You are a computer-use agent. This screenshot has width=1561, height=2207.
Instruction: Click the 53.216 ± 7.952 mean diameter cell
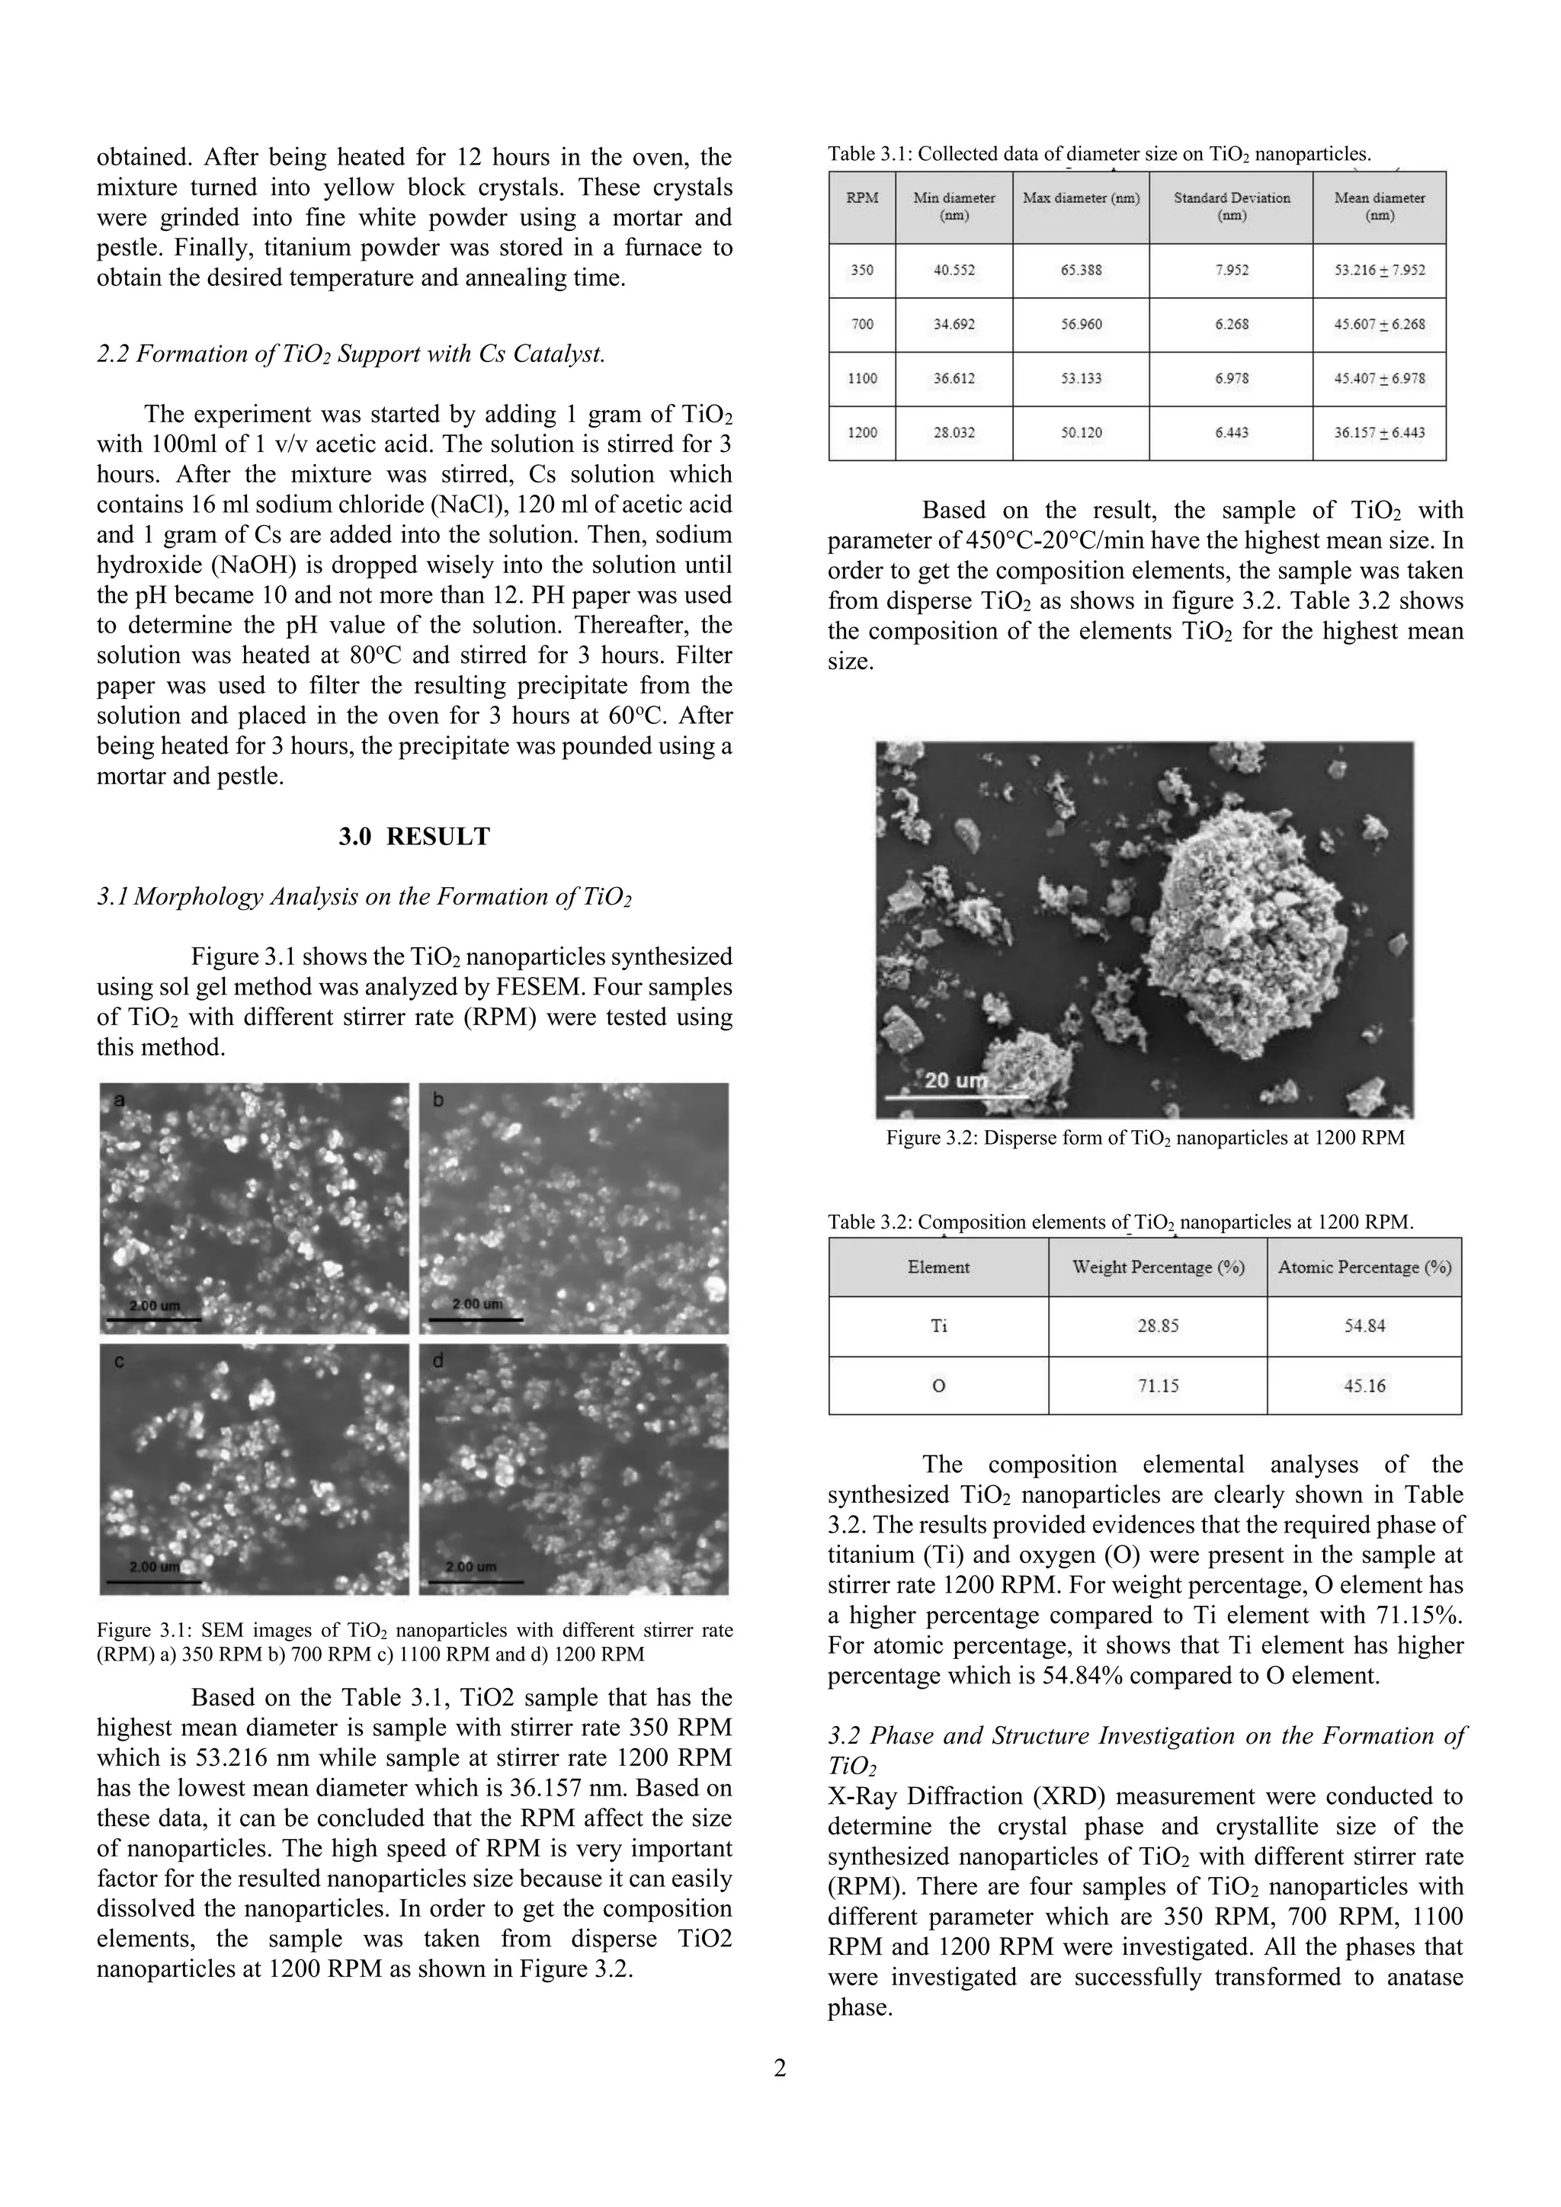pyautogui.click(x=1380, y=270)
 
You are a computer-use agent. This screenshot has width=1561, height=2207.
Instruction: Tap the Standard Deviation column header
pyautogui.click(x=1231, y=206)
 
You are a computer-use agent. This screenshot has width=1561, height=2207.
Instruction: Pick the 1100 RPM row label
pyautogui.click(x=862, y=379)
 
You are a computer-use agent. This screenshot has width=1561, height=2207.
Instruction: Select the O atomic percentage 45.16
pyautogui.click(x=1364, y=1385)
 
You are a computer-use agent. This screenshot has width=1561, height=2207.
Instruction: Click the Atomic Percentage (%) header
pyautogui.click(x=1364, y=1267)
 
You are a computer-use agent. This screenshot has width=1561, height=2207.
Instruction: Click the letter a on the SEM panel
pyautogui.click(x=119, y=1100)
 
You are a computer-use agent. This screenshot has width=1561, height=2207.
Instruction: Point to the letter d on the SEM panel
pyautogui.click(x=438, y=1361)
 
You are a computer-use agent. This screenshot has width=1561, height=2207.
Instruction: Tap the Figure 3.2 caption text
pyautogui.click(x=1144, y=1138)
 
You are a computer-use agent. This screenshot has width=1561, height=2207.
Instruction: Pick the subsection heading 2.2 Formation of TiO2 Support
pyautogui.click(x=351, y=354)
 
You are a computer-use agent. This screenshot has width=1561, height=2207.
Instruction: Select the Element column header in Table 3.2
pyautogui.click(x=938, y=1267)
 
